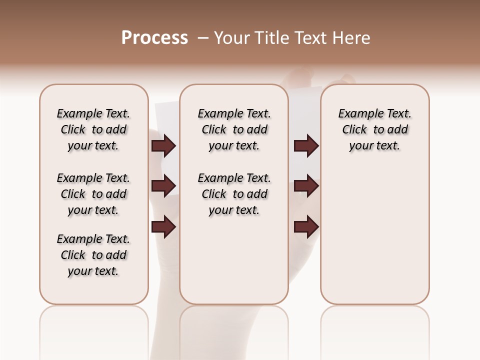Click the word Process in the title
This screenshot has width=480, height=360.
pos(154,38)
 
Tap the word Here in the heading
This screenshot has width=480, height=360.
pos(352,38)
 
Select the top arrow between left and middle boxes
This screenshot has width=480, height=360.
pos(163,146)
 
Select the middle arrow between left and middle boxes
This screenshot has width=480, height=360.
pos(163,186)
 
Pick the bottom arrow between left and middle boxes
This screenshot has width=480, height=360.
pos(163,226)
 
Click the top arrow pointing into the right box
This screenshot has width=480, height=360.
pos(306,146)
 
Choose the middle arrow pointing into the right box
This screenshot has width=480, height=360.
pos(306,186)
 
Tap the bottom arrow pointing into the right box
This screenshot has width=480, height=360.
pos(306,226)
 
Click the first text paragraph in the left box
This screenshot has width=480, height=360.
pos(93,129)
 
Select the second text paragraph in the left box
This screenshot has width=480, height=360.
pos(93,194)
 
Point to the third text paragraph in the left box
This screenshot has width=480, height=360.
pos(93,255)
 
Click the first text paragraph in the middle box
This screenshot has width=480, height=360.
pos(234,129)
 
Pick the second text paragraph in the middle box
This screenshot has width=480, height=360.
pos(234,194)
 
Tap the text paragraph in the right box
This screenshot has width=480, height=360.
pos(375,129)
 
